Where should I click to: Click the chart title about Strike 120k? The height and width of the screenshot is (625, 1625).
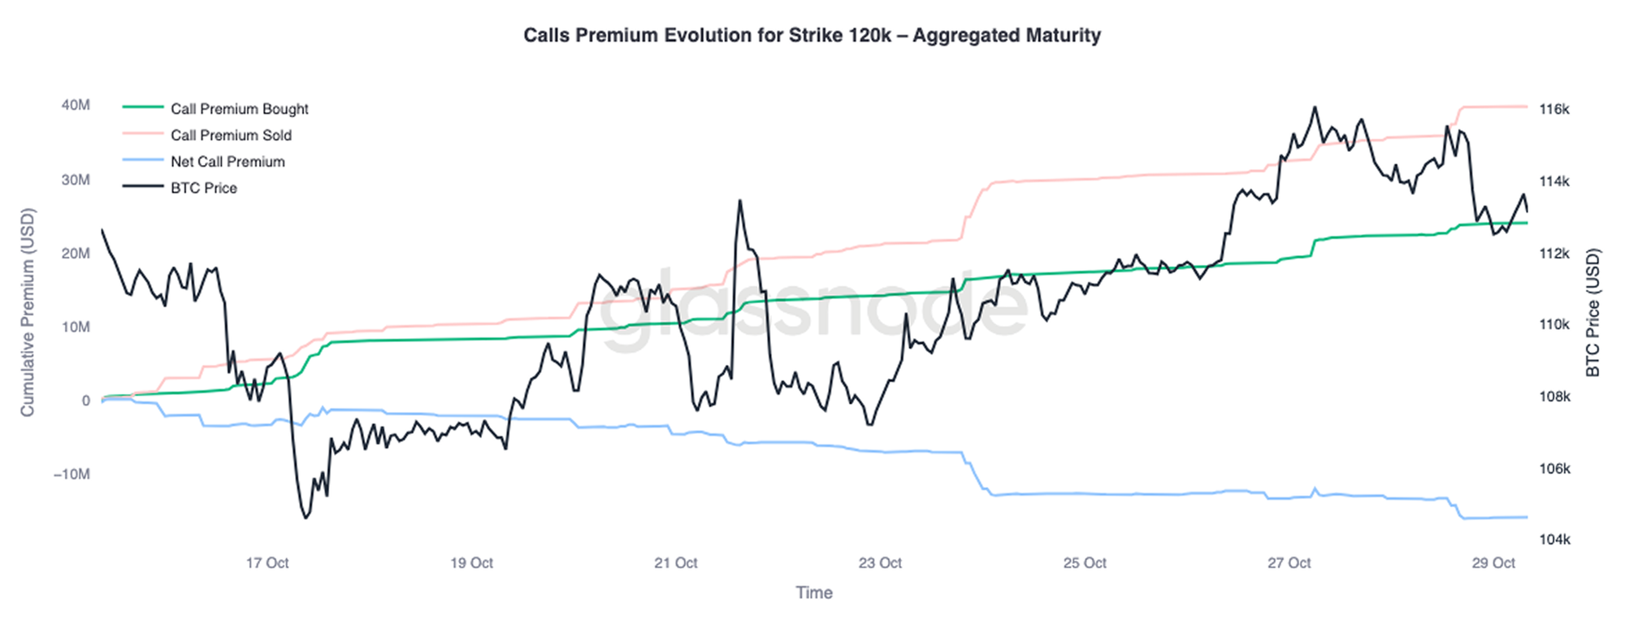tap(812, 36)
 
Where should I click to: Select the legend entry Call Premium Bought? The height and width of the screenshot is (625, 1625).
tap(239, 109)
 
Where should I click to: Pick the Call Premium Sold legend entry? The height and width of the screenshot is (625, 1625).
tap(231, 135)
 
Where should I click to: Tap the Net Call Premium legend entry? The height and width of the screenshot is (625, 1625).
tap(227, 162)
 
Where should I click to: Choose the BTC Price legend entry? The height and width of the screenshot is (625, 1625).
tap(203, 188)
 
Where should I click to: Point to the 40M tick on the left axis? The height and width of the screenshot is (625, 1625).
tap(76, 105)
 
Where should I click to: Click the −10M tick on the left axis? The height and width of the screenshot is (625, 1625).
tap(71, 474)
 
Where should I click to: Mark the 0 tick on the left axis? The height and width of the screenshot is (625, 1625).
tap(85, 401)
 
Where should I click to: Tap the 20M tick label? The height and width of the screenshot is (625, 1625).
tap(76, 253)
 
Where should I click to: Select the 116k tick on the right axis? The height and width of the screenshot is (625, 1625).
tap(1554, 109)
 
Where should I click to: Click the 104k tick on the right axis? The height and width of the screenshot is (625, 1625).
tap(1554, 540)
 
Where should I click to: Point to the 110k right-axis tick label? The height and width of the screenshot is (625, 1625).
tap(1554, 324)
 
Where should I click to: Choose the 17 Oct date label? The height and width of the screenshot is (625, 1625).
tap(267, 562)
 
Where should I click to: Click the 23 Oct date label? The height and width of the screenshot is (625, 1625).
tap(880, 562)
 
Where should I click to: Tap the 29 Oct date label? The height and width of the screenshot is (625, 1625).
tap(1493, 562)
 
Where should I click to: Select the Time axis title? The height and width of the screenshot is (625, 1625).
tap(813, 592)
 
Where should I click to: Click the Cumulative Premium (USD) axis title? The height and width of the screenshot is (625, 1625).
tap(28, 313)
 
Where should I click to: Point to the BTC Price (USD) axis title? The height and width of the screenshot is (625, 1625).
tap(1592, 313)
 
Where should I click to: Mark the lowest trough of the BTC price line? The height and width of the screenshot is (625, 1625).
tap(305, 518)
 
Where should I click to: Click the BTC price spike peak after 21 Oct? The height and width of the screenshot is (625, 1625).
tap(740, 201)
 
